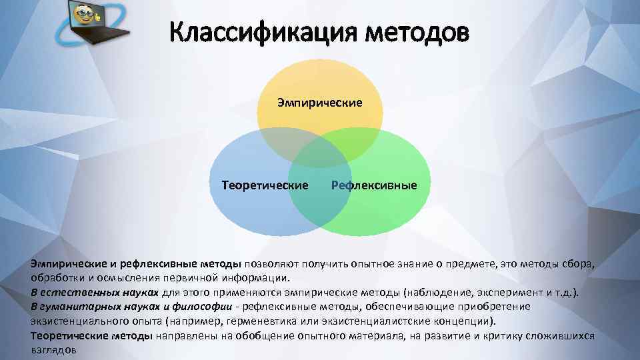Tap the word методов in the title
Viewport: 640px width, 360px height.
point(413,31)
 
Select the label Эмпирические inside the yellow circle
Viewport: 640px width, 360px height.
point(320,103)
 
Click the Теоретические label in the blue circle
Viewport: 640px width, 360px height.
point(265,185)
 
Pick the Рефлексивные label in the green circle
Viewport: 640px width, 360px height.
point(374,185)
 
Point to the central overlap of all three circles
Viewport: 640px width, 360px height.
point(320,160)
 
